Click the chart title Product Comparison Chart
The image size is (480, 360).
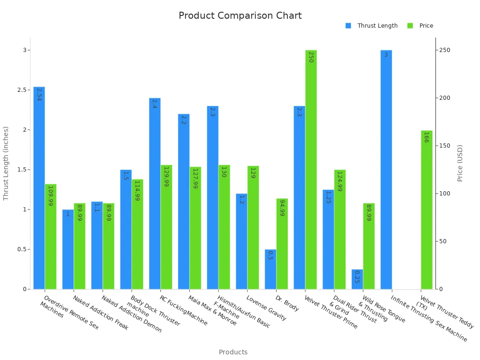(240, 16)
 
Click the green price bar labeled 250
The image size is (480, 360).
(311, 169)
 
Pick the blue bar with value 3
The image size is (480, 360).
(386, 169)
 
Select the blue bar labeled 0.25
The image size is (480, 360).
(357, 279)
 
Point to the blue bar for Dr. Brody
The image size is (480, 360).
(270, 269)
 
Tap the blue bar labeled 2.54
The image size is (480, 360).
(39, 187)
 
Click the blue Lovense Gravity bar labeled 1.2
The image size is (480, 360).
(241, 241)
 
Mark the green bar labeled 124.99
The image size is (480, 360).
(340, 229)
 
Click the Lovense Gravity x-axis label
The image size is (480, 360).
(266, 308)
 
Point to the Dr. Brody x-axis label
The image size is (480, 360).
(287, 303)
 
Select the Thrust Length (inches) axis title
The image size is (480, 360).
(6, 163)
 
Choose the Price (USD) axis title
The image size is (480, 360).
(460, 163)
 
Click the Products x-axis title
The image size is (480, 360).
(233, 352)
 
